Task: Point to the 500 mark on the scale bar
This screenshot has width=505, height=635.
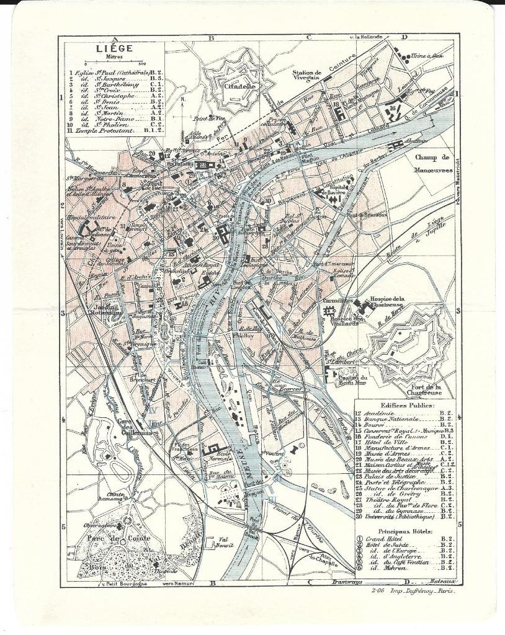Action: [141, 64]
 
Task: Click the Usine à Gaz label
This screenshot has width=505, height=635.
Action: [427, 56]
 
